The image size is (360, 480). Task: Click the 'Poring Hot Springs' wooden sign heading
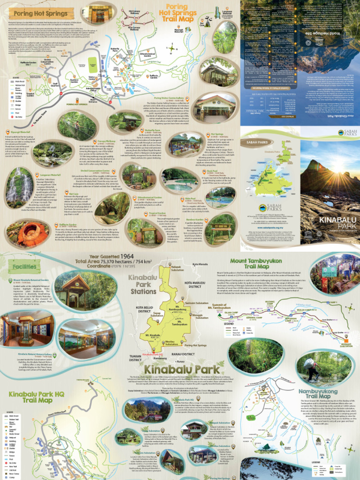point(35,14)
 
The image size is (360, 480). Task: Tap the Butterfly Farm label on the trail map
point(115,49)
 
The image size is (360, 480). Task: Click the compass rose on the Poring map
point(173,48)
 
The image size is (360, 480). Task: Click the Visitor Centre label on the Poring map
point(92,78)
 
